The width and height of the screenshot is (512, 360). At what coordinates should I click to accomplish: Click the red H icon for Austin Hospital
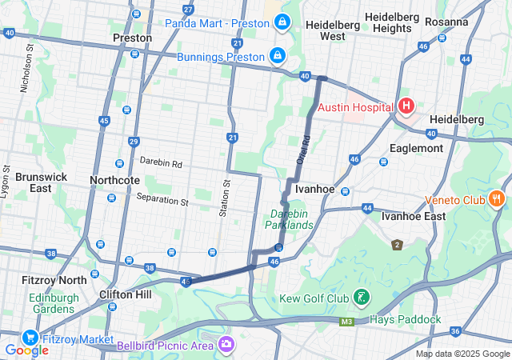[x=406, y=106]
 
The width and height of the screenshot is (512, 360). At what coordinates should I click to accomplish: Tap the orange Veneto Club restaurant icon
[x=497, y=197]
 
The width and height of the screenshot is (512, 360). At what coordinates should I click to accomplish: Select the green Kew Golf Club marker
[x=361, y=298]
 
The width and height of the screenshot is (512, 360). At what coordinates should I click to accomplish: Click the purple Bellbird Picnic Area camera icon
[x=227, y=345]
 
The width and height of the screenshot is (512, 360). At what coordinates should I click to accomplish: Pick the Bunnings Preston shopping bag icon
[x=277, y=56]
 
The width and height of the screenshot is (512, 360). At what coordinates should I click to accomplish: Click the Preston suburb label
[x=132, y=38]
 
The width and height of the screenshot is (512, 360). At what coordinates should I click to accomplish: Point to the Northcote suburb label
[x=114, y=180]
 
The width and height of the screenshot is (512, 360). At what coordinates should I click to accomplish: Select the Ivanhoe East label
[x=413, y=216]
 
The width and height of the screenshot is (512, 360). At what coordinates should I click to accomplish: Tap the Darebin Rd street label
[x=161, y=162]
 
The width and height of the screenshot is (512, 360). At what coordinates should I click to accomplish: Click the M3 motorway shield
[x=346, y=322]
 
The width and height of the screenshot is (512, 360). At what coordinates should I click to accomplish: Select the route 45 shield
[x=104, y=121]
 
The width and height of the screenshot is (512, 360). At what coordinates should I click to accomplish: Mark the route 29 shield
[x=134, y=141]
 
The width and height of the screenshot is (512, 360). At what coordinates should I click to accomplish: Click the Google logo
[x=26, y=350]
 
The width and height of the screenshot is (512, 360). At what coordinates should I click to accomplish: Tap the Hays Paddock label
[x=405, y=319]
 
